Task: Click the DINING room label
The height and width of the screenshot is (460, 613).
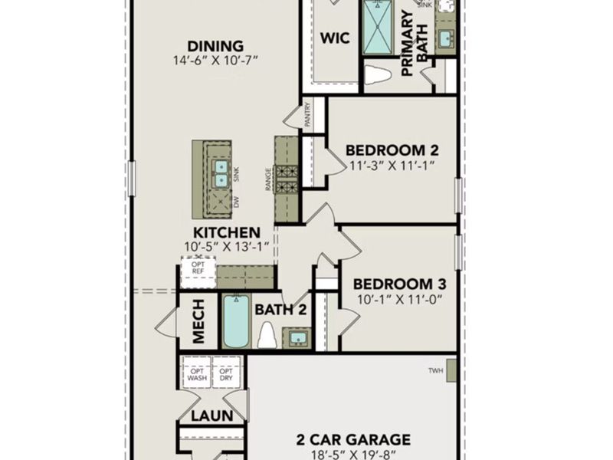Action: (x=215, y=46)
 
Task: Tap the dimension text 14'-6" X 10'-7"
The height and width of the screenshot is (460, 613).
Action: (x=215, y=60)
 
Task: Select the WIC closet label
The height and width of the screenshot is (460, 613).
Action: (x=335, y=38)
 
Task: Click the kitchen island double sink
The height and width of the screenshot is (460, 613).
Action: (x=221, y=173)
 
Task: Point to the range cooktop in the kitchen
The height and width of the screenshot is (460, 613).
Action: (x=287, y=179)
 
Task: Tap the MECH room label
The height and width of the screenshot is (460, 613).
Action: (x=198, y=320)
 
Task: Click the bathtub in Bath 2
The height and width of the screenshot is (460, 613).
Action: (x=236, y=320)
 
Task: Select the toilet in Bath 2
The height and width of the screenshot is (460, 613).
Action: (x=267, y=334)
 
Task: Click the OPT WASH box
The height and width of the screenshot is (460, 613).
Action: (x=195, y=372)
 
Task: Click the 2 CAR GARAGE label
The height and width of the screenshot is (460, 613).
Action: (x=354, y=439)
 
